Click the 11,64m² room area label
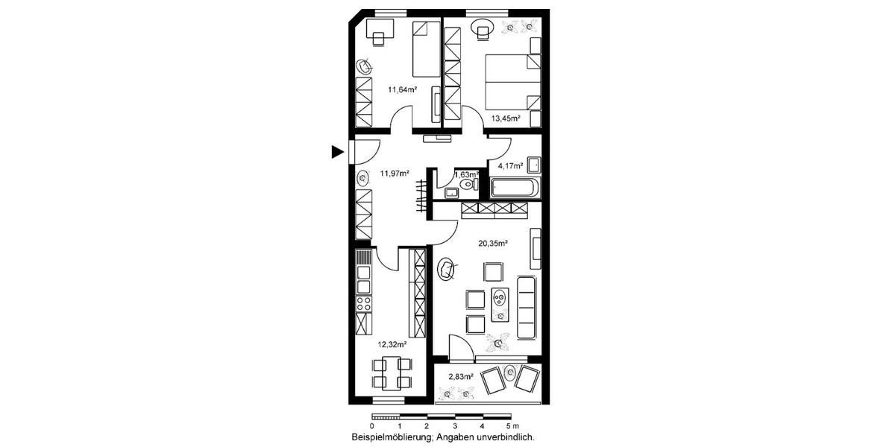click(x=401, y=89)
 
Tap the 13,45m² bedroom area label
click(x=505, y=118)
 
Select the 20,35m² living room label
click(x=493, y=243)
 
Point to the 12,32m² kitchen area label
click(x=392, y=344)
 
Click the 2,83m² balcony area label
click(x=460, y=378)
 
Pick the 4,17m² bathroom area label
click(x=511, y=165)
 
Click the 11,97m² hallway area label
click(x=395, y=174)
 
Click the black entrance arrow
click(x=337, y=152)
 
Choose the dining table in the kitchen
click(x=391, y=372)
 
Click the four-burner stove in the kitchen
click(x=364, y=303)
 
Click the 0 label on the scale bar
click(x=371, y=425)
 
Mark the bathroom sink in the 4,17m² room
click(x=534, y=165)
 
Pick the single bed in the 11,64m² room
click(x=426, y=48)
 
